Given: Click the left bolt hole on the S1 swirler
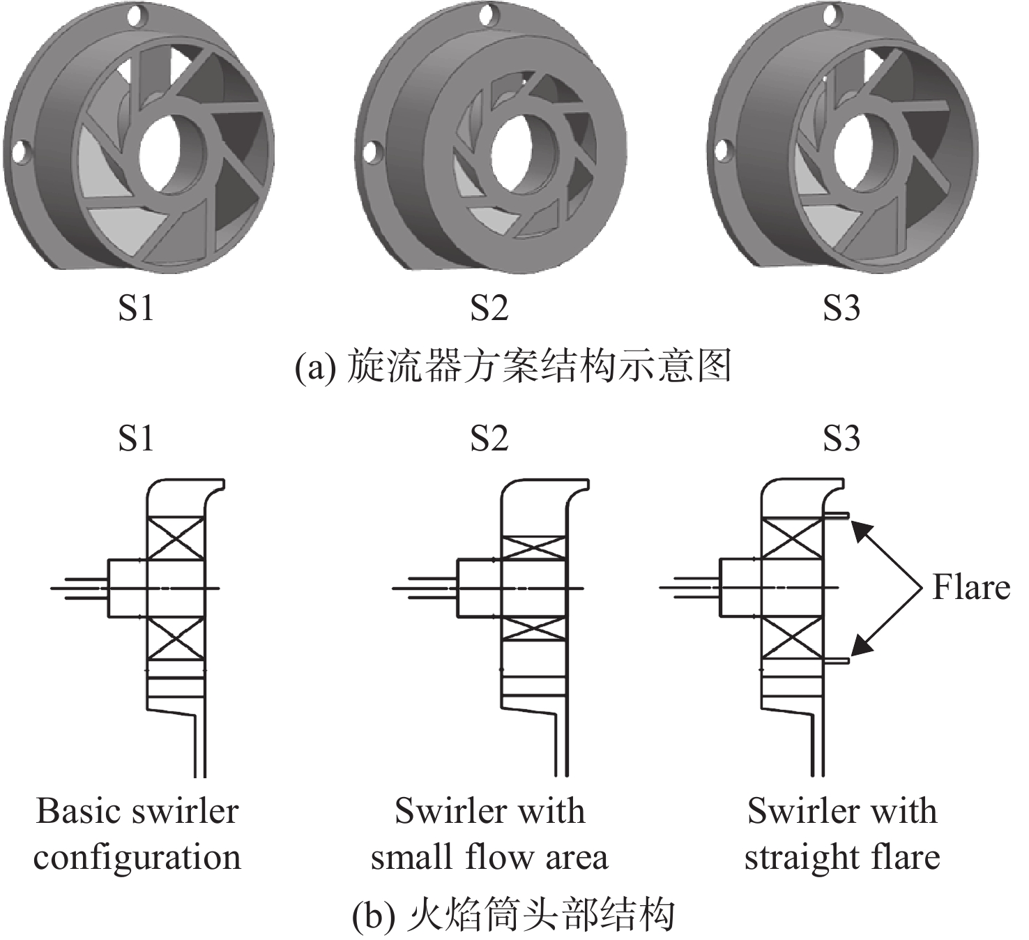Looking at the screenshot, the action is [x=21, y=152].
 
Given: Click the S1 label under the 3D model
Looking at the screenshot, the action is [x=136, y=308].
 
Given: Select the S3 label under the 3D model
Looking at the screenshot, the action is [x=841, y=308].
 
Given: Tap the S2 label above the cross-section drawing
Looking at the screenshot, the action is [x=489, y=439].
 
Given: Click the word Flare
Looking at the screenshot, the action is [x=971, y=587].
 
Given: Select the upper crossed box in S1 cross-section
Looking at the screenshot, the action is [x=176, y=538].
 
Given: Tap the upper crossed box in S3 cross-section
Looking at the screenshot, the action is [x=793, y=540].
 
